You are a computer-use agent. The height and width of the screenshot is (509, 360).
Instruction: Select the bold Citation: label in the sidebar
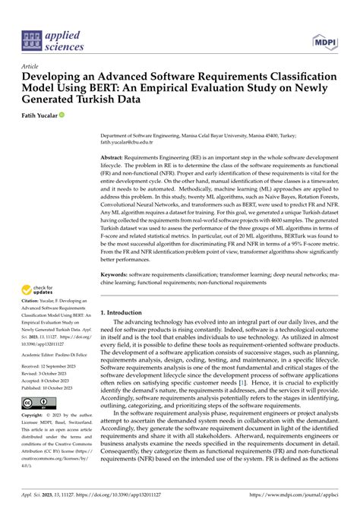click(x=36, y=306)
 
